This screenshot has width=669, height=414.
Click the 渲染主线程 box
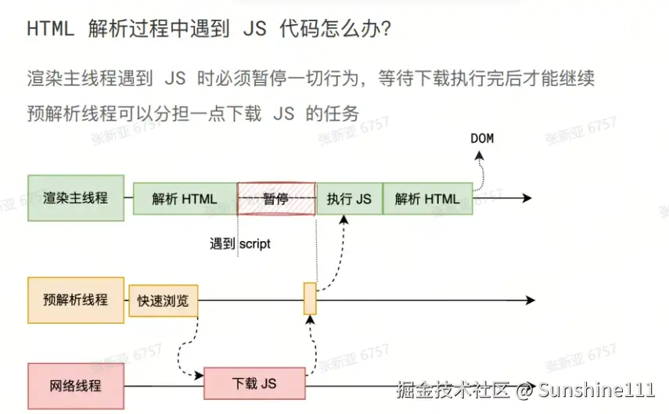point(76,199)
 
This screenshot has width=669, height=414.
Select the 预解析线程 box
point(76,300)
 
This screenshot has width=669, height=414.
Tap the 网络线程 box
point(76,386)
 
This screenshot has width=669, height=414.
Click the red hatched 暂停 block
point(276,199)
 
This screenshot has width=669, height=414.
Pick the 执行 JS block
point(349,199)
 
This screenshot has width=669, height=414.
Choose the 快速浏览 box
point(163,301)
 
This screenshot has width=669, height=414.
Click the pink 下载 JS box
point(254,383)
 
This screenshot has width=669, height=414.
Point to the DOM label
point(482,139)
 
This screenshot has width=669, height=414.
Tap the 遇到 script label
point(239,243)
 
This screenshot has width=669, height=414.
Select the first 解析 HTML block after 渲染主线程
point(185,199)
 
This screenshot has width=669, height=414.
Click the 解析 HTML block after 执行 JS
point(427,199)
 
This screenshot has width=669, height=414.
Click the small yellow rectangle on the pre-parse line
point(310,299)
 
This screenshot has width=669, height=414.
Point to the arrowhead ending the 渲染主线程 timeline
point(529,199)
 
